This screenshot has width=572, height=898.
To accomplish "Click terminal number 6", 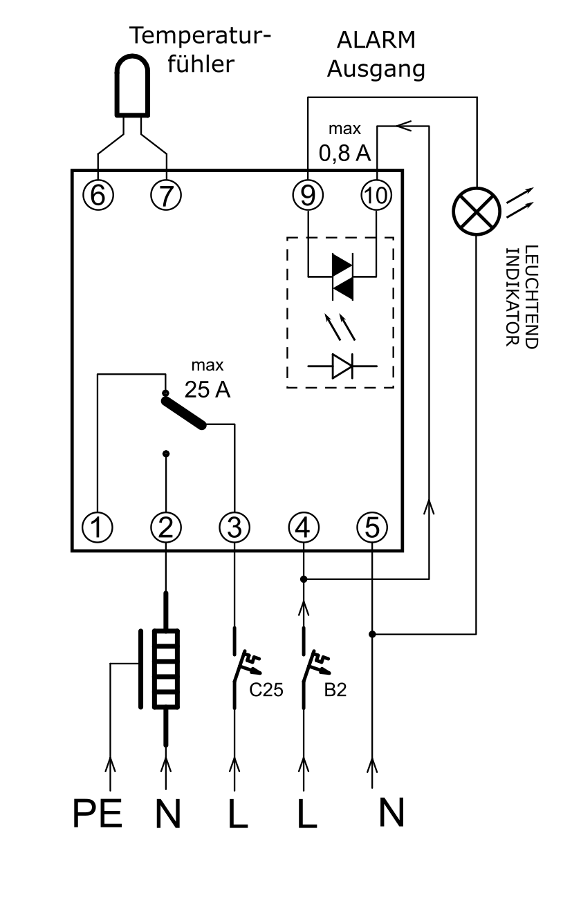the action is [x=98, y=195].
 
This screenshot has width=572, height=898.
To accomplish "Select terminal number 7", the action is [x=166, y=195].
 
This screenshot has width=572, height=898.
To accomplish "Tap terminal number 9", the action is [x=308, y=195].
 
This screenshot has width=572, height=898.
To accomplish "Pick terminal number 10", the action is [x=377, y=195].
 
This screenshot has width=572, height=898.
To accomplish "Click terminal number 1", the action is [x=98, y=527].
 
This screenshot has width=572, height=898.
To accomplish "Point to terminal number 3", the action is [x=234, y=527].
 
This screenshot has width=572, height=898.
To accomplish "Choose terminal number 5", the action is [x=372, y=527].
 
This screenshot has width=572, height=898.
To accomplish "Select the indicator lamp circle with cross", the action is [x=477, y=212].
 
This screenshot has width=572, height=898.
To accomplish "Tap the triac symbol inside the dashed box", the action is [x=342, y=277].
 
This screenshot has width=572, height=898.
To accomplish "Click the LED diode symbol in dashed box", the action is [x=342, y=366].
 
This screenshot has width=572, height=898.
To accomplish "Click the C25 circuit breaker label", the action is [x=266, y=689].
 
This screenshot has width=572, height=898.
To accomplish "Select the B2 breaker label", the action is [x=335, y=689].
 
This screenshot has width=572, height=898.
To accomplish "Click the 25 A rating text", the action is [x=207, y=389].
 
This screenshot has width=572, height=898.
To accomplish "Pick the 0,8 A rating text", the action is [x=344, y=153].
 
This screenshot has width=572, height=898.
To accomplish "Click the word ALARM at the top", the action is [x=376, y=40].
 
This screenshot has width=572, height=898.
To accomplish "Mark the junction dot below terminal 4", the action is [x=304, y=579].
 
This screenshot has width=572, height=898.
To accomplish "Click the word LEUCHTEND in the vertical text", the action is [x=531, y=297].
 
